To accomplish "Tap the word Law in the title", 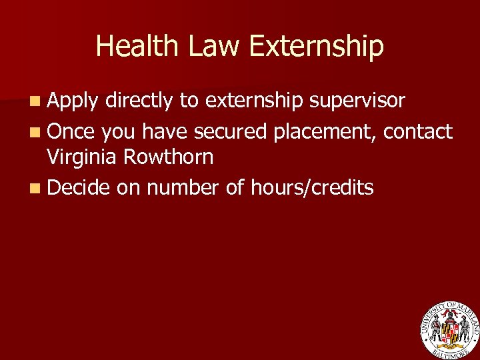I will (x=209, y=47).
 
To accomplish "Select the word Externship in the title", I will (x=316, y=47).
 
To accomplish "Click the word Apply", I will (x=73, y=101).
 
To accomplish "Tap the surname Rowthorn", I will (x=170, y=157).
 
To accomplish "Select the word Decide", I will (x=79, y=188).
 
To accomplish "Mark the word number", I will (x=182, y=188).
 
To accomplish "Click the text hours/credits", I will (x=312, y=188).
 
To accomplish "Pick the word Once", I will (x=72, y=132).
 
